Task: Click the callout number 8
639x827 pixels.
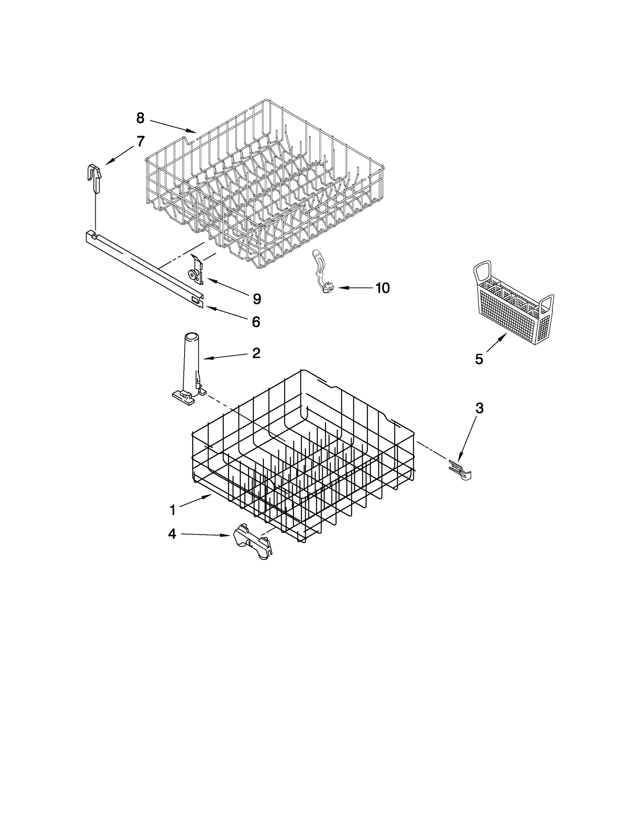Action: pos(140,118)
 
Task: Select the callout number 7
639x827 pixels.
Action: pos(140,141)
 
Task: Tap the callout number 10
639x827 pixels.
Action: pos(382,288)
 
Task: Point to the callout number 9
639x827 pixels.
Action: pos(257,299)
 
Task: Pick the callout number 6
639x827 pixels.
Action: pos(256,322)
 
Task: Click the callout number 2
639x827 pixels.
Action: pos(256,353)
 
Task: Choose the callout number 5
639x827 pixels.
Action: pos(479,359)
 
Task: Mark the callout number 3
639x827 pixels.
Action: pos(479,408)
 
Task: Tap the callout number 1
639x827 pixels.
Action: pos(173,510)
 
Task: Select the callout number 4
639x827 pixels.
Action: pos(172,534)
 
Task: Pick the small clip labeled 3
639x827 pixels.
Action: pos(460,469)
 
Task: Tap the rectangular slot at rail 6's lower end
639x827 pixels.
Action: pos(195,298)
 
